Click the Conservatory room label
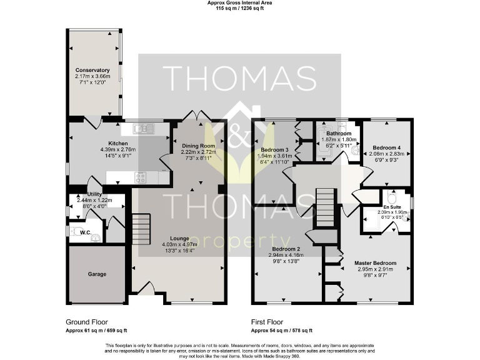[92, 70]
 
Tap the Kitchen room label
[100, 143]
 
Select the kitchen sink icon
[144, 129]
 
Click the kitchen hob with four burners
[141, 177]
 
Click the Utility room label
[94, 194]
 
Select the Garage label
[96, 274]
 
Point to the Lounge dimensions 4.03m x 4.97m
[175, 244]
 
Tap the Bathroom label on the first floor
[337, 133]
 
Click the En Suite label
[392, 206]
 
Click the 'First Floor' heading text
[266, 322]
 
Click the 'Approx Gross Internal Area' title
[239, 3]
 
